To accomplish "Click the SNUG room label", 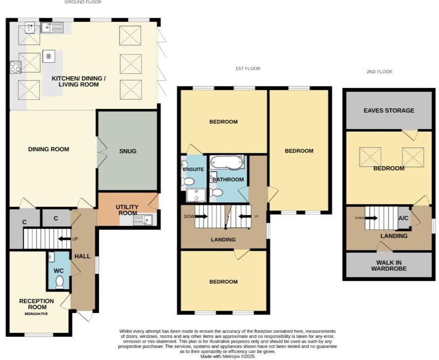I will point(128,151).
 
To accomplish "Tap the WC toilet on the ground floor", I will point(60,281).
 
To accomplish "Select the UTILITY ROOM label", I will point(127,210).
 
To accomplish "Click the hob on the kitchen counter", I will point(15,66).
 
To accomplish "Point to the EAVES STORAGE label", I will point(389,110).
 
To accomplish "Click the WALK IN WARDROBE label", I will point(389,265).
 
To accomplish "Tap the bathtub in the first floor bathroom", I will point(227,162).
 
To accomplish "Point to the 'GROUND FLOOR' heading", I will point(83,2).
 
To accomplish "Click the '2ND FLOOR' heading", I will point(379,72).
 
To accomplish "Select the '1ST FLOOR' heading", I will point(248,69).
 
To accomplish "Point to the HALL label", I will point(82,256).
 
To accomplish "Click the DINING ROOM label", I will point(48,149).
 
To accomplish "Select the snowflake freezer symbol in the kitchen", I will point(49,56).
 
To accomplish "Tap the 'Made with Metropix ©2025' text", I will point(227,356).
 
